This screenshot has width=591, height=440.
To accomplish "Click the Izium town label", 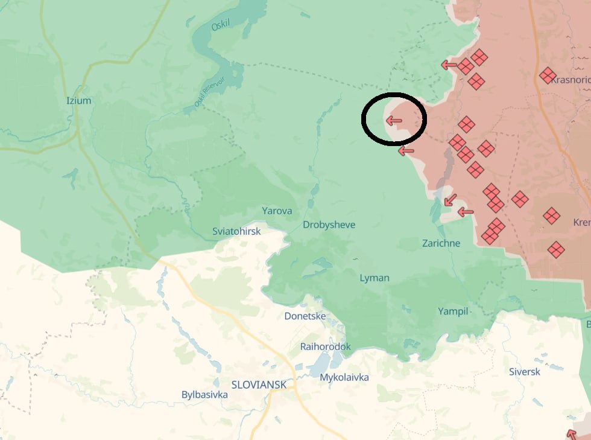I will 78,100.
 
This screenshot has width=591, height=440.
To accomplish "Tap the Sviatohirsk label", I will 236,231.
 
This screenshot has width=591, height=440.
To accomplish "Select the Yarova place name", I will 277,211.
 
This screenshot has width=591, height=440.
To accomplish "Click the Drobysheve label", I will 329,225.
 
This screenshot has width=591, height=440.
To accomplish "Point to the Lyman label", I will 375,278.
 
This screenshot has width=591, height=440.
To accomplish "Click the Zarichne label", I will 441,243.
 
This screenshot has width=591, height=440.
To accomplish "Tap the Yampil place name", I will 453,311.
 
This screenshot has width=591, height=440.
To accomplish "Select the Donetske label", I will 305,316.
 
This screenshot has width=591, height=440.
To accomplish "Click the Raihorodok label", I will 326,346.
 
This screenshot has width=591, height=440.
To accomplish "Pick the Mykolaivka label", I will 344,377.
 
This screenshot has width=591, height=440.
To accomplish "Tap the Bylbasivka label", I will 204,394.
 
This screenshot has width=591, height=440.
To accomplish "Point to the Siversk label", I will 525,372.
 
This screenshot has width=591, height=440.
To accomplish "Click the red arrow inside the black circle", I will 394,121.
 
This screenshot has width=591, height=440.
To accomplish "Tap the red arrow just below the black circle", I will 406,151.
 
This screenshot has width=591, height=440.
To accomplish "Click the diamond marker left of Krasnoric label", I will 548,75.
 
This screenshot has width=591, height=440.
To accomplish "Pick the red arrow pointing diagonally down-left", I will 449,200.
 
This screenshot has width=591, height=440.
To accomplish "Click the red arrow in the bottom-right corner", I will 572,433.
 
